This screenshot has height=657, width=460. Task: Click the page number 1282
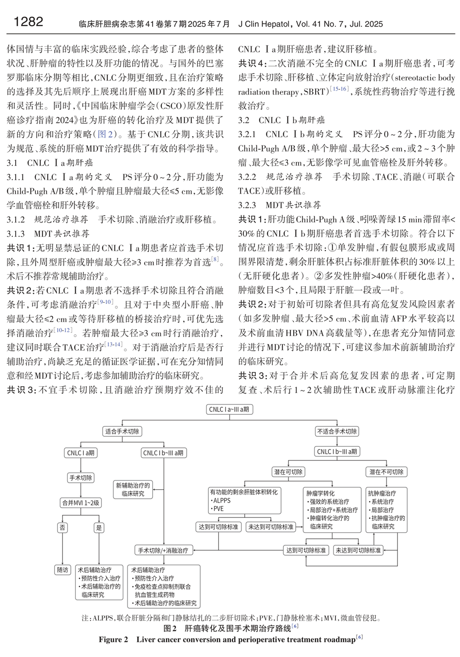(29, 22)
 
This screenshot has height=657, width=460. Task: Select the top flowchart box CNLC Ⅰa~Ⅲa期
(229, 409)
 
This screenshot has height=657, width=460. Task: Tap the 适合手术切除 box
(122, 431)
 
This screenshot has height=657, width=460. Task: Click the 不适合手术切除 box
(337, 431)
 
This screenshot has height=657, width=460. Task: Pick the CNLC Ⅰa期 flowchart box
(81, 453)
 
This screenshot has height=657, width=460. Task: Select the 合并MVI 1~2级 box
(81, 503)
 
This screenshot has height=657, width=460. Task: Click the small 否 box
(63, 527)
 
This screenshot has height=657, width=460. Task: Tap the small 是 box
(99, 527)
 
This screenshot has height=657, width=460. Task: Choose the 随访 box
(63, 570)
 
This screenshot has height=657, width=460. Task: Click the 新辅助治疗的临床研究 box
(133, 489)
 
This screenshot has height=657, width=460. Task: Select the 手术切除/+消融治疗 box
(163, 550)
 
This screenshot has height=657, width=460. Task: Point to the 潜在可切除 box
(288, 472)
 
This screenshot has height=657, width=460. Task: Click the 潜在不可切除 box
(386, 472)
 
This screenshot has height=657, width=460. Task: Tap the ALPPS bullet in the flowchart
(221, 500)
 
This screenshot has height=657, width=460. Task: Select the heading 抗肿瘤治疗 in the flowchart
(382, 493)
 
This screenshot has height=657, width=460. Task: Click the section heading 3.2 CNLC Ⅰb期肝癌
(282, 120)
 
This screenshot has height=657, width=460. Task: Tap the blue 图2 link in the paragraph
(102, 134)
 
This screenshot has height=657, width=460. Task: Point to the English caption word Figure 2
(113, 640)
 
